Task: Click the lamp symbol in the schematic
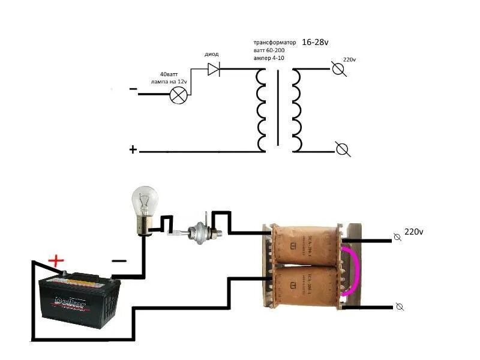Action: (178, 95)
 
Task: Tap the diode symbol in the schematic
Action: (214, 69)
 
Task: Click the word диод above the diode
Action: (212, 54)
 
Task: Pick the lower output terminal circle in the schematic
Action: (343, 149)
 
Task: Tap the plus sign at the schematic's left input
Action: (133, 149)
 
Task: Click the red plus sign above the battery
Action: (56, 261)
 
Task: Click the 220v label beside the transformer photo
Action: (414, 232)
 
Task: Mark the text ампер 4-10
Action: (268, 58)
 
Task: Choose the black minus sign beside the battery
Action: (119, 261)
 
